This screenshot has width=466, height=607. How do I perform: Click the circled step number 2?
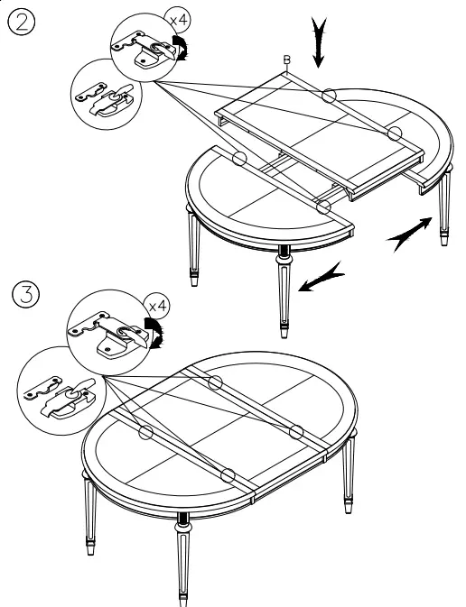coord(23,22)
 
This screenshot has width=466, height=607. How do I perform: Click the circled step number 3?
coord(23,294)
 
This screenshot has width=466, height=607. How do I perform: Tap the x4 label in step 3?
coord(157,307)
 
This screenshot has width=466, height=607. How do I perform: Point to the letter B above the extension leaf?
coord(287,60)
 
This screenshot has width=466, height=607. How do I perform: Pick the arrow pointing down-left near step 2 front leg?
coord(323,278)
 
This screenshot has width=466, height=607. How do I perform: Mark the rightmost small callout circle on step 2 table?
coord(396,133)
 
